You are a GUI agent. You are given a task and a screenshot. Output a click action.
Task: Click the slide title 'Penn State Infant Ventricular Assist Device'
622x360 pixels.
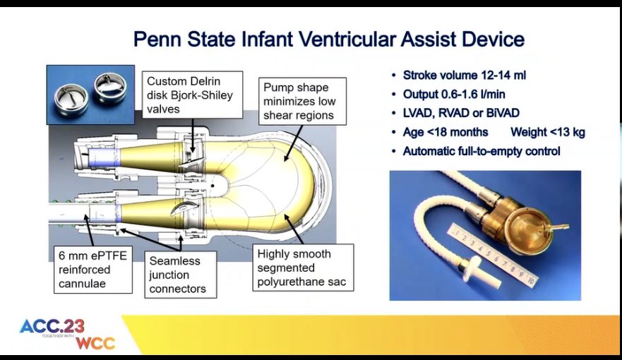(328, 38)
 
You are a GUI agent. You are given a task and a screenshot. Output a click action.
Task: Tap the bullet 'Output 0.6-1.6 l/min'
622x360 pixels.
(454, 94)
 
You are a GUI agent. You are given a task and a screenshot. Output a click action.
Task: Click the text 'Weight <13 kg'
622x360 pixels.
(550, 132)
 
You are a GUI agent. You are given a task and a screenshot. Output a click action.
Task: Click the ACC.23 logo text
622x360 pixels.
(52, 327)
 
